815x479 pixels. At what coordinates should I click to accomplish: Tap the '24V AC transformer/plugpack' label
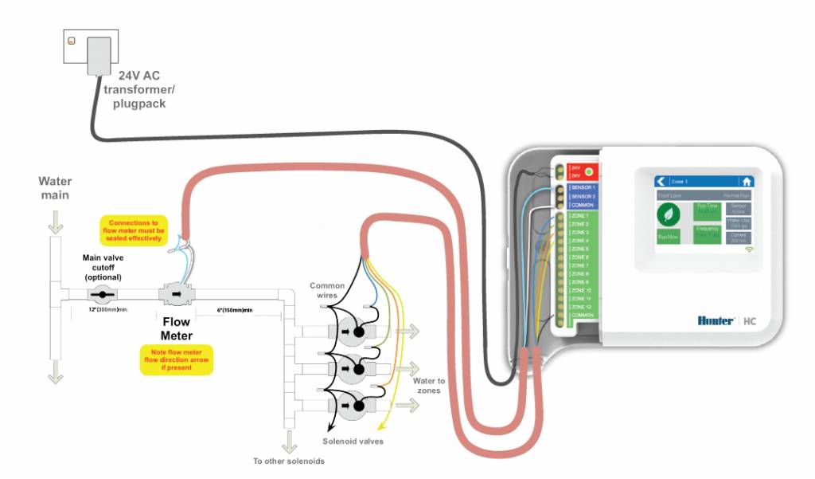point(138,89)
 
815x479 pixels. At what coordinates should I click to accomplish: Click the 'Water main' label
point(54,188)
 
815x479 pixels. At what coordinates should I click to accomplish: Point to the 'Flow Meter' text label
point(176,328)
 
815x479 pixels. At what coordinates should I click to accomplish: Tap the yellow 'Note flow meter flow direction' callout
point(176,359)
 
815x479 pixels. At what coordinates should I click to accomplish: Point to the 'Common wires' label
point(327,290)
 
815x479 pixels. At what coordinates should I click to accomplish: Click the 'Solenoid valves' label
point(353,441)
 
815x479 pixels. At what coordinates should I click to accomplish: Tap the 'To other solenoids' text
point(288,461)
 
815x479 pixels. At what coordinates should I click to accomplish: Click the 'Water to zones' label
point(429,386)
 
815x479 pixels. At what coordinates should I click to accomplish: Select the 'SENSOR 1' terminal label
point(583,187)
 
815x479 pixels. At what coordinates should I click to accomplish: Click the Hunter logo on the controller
point(715,320)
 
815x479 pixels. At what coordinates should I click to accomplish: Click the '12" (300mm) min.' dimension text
point(110,309)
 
